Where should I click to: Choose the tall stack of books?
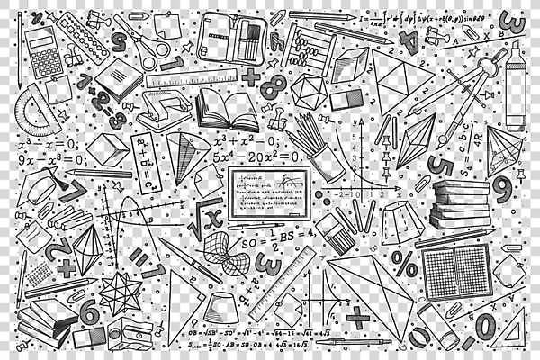tap(460, 206)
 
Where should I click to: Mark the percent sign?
tap(404, 263)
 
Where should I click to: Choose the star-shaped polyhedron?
tap(116, 292)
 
